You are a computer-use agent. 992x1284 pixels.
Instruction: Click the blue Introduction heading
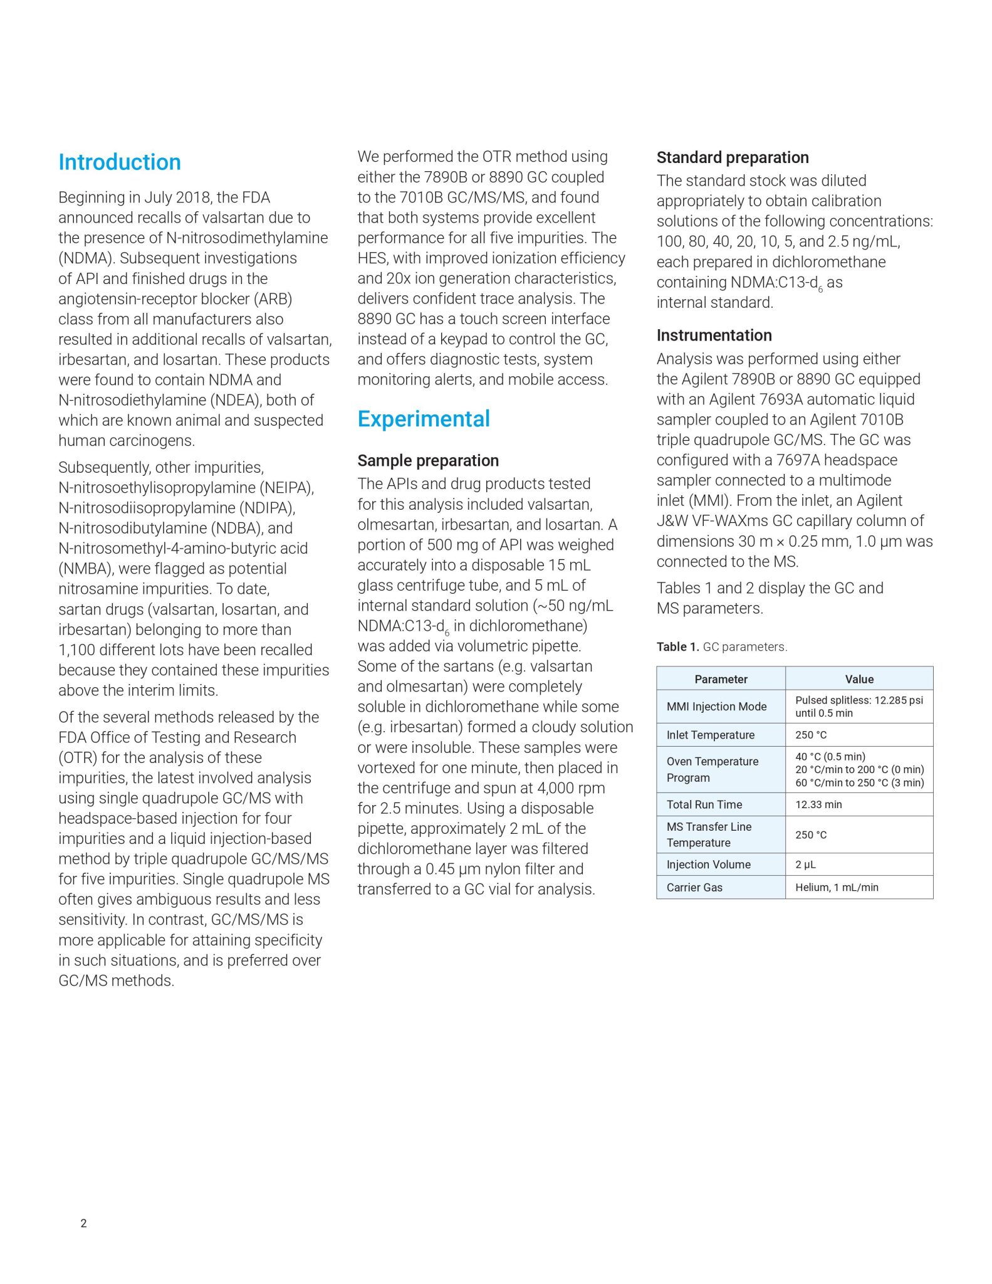120,162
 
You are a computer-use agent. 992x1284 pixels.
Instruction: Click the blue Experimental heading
424,419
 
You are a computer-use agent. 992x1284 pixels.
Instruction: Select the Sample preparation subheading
428,461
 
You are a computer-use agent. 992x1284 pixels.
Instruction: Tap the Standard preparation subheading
733,157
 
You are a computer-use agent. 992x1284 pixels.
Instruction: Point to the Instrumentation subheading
714,335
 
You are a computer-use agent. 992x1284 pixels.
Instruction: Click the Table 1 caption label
677,647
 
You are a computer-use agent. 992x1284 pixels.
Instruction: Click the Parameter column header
721,679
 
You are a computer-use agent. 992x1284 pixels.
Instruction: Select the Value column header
859,679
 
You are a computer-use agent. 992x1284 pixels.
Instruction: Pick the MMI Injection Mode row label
716,707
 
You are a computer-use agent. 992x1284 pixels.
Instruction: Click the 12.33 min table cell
818,804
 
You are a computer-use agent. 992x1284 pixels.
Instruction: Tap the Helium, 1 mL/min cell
837,887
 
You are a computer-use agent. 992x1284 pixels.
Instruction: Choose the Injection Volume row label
708,865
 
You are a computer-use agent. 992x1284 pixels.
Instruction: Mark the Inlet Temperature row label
710,735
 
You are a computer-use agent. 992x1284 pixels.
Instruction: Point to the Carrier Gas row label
694,887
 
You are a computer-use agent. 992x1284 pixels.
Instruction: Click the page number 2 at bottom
83,1223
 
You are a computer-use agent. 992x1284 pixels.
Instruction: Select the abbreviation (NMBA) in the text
85,569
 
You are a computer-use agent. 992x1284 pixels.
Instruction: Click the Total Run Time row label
704,804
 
